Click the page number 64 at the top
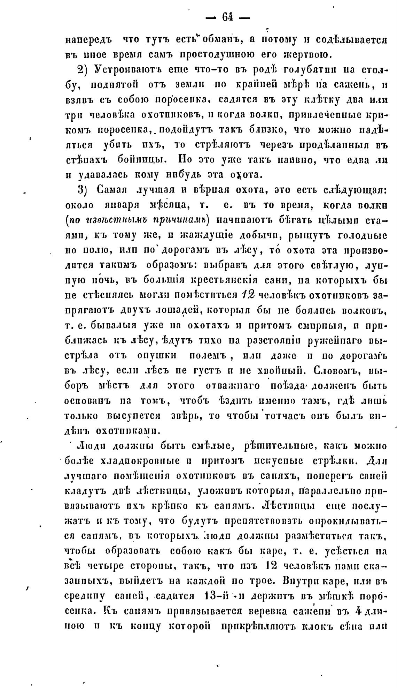228,17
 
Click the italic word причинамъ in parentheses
182,220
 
